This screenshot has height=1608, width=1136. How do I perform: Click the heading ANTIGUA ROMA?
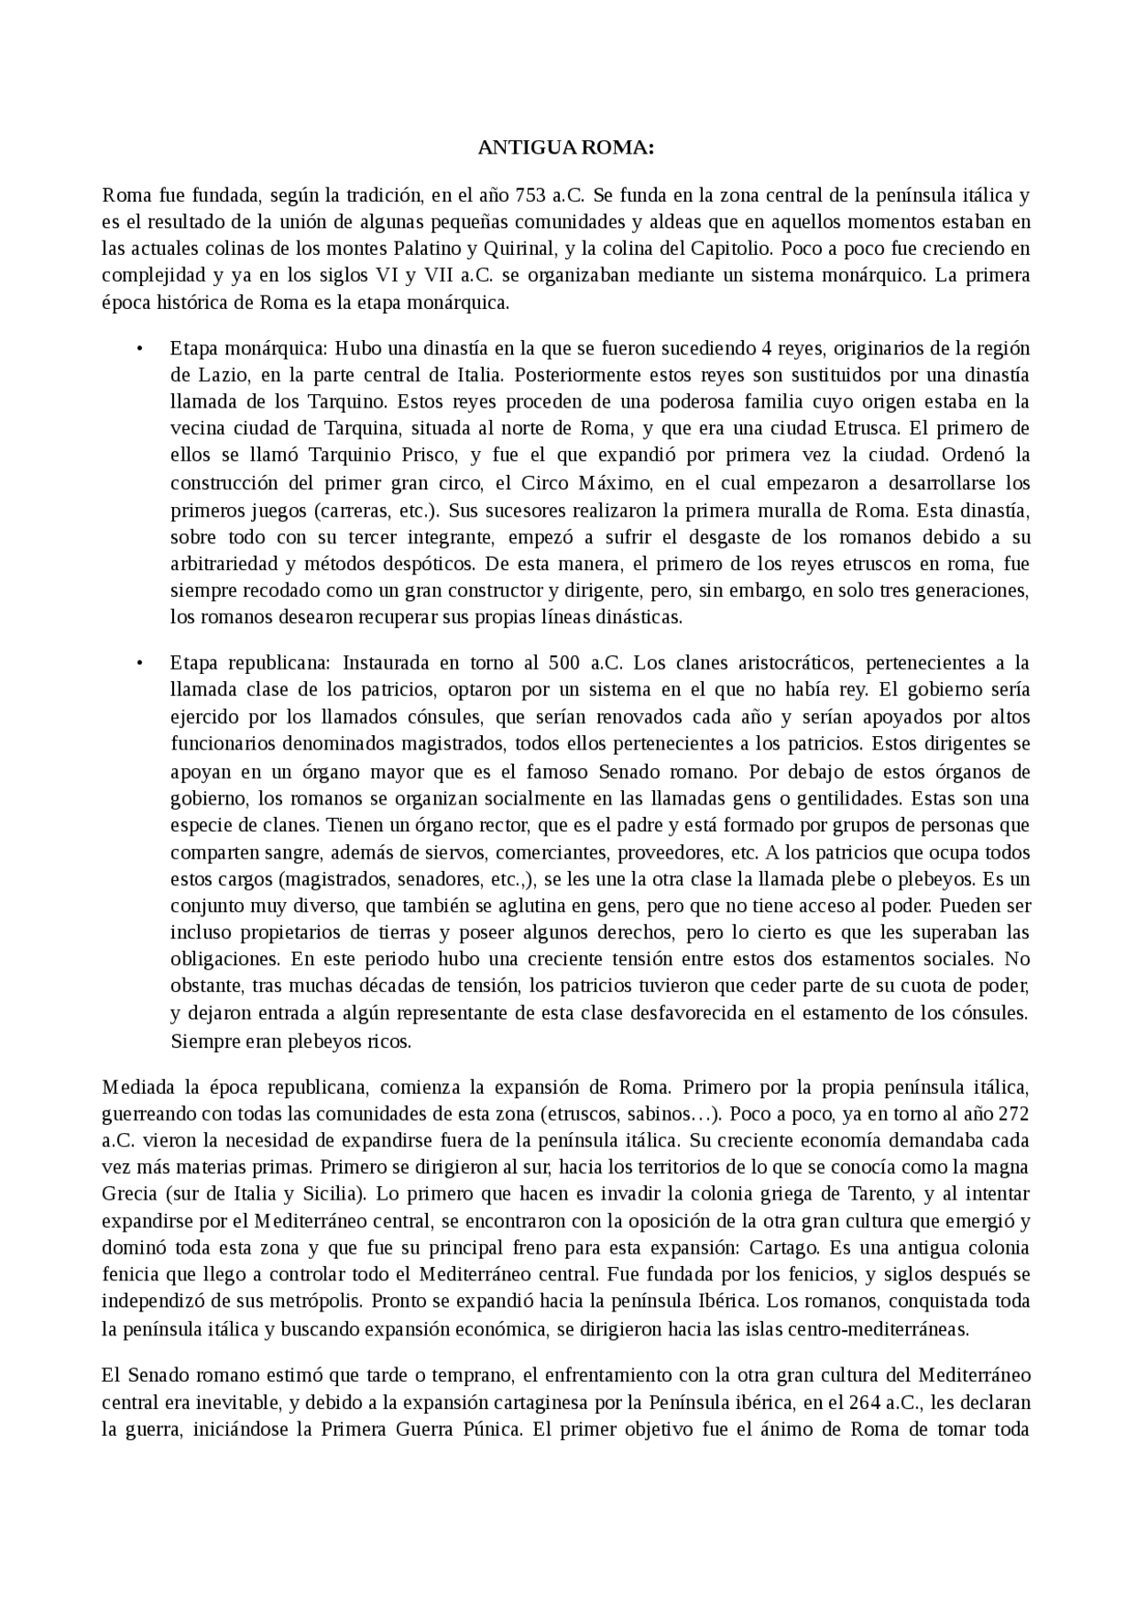pyautogui.click(x=566, y=148)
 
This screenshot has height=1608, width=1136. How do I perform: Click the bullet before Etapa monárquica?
pyautogui.click(x=139, y=347)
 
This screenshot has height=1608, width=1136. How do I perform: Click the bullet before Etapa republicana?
pyautogui.click(x=139, y=663)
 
